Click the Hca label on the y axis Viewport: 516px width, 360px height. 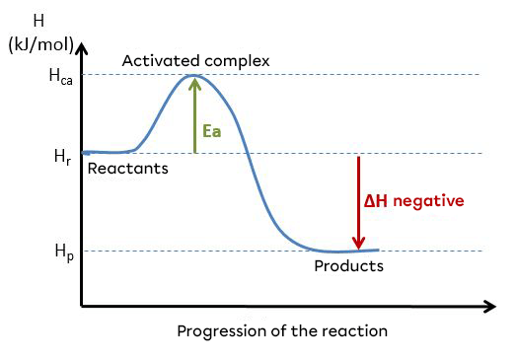pos(60,75)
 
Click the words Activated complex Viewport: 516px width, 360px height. pos(195,61)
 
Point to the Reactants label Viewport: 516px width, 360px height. pos(128,169)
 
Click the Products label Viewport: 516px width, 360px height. pos(348,266)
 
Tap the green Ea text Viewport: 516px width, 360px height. pos(211,130)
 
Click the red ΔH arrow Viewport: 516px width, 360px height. pos(358,202)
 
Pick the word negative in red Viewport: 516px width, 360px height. pos(427,201)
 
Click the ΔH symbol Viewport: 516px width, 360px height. pos(375,201)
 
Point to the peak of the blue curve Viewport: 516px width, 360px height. pos(194,75)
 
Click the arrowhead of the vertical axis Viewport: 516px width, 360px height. pos(83,47)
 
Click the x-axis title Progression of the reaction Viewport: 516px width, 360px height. pos(282,330)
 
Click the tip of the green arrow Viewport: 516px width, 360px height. pos(194,79)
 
